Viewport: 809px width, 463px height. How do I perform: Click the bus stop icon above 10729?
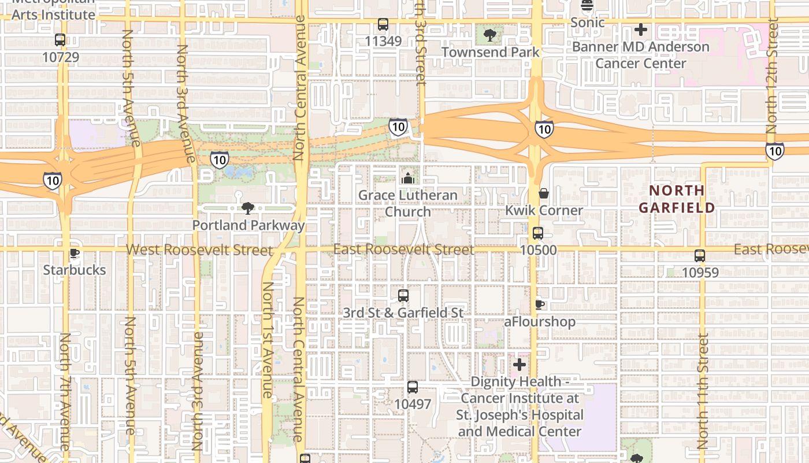pyautogui.click(x=60, y=40)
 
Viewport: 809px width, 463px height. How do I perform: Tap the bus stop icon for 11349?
pyautogui.click(x=383, y=24)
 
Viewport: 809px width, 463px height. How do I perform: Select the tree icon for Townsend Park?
pyautogui.click(x=490, y=35)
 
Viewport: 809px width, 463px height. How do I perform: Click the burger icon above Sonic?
pyautogui.click(x=587, y=5)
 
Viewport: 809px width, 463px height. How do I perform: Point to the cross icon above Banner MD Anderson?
pyautogui.click(x=641, y=30)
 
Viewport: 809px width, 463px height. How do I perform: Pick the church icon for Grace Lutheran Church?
pyautogui.click(x=408, y=178)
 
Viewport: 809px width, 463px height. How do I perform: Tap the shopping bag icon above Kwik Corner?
pyautogui.click(x=543, y=193)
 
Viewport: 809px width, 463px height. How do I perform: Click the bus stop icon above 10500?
pyautogui.click(x=538, y=233)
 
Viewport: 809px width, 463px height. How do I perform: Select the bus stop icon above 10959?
pyautogui.click(x=700, y=255)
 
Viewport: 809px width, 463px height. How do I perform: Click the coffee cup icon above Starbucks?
pyautogui.click(x=75, y=253)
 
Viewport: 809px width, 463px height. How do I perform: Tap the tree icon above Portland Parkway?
pyautogui.click(x=248, y=208)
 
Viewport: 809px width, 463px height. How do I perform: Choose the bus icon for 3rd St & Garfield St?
pyautogui.click(x=403, y=296)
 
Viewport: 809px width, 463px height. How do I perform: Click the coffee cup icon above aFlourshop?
pyautogui.click(x=540, y=304)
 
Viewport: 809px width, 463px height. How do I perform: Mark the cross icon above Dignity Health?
pyautogui.click(x=519, y=365)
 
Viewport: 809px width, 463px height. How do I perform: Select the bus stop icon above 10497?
pyautogui.click(x=412, y=387)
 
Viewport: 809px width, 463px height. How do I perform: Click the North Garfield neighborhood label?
pyautogui.click(x=677, y=199)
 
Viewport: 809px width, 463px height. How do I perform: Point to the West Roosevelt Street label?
pyautogui.click(x=199, y=250)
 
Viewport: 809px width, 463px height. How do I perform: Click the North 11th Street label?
pyautogui.click(x=703, y=391)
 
